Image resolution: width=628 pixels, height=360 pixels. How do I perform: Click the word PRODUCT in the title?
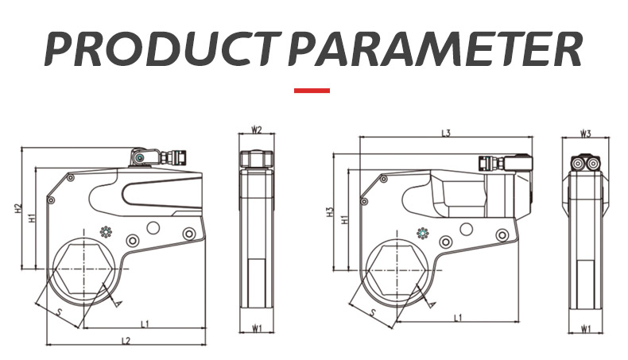coord(162,49)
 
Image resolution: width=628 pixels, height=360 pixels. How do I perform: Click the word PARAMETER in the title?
coord(435,49)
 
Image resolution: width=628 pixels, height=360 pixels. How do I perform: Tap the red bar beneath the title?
coord(312,91)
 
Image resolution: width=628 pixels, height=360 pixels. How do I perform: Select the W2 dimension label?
coord(256,130)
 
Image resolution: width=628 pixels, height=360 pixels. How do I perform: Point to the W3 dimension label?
coord(586,134)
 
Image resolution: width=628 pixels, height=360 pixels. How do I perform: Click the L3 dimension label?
coord(446,133)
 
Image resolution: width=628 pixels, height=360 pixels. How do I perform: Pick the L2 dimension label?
coord(126,341)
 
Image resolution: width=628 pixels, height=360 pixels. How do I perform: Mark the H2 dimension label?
coord(17,208)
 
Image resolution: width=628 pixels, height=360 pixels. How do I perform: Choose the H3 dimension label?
coord(330,212)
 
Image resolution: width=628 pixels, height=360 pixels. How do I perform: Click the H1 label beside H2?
coord(33,218)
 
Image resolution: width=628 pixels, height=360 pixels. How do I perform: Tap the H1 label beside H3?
coord(344,219)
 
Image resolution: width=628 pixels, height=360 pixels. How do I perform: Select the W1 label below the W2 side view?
coord(257,328)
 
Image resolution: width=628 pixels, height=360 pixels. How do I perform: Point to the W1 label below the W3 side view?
coord(586,330)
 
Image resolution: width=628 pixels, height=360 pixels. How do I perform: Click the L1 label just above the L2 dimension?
coord(145,323)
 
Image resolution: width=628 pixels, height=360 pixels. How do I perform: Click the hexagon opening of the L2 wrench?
coord(84,269)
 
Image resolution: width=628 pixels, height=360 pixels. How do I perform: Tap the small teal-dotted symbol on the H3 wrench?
coord(423,233)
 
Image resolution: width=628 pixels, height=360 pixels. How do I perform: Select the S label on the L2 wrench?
coord(60,312)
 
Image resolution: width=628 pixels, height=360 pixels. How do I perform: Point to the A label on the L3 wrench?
coord(432,304)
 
